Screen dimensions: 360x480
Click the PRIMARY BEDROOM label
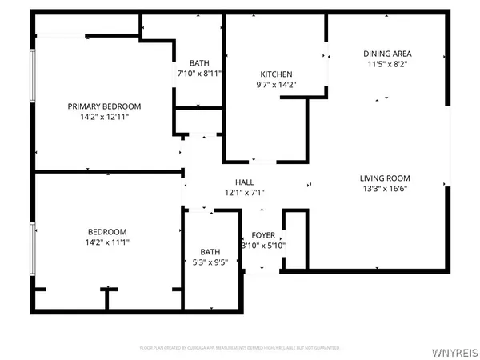point(104,106)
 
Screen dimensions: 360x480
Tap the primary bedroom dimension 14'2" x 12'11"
point(104,117)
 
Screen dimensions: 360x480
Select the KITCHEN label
point(276,74)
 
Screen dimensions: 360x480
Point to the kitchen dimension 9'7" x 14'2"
point(276,85)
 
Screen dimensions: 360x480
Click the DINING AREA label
point(388,54)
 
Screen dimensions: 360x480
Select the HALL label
point(244,182)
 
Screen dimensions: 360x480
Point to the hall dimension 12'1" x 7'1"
point(244,193)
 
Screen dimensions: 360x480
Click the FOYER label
point(264,235)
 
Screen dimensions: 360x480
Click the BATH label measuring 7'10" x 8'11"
point(199,63)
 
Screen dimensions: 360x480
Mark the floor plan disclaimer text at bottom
point(240,348)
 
